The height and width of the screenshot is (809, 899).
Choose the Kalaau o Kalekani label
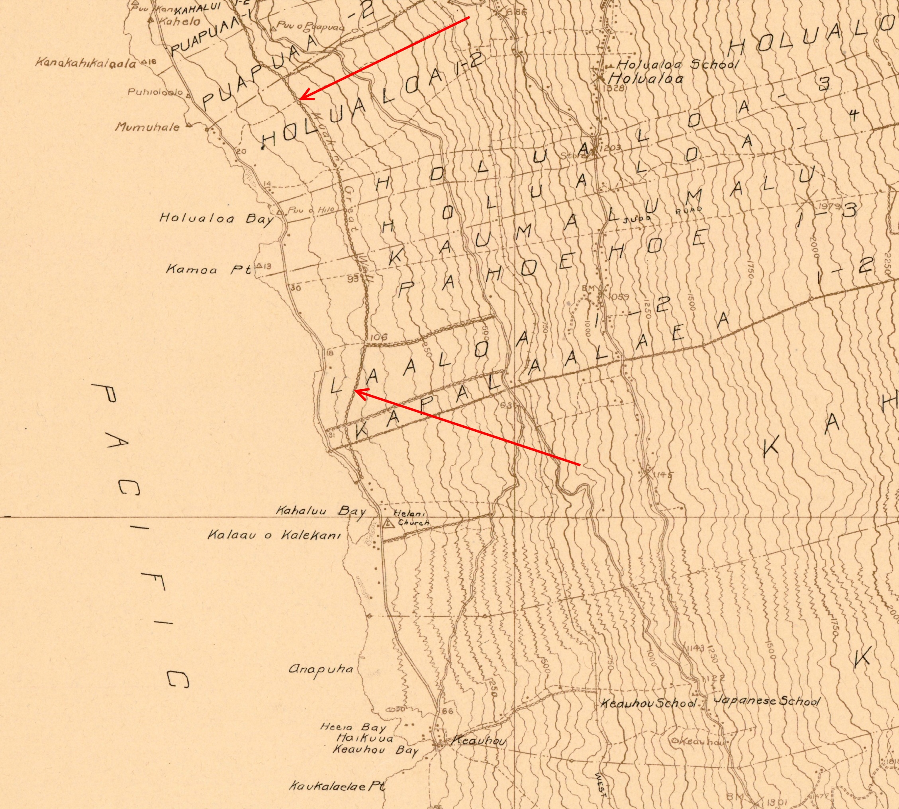(274, 535)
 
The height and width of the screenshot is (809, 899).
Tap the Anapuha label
(321, 669)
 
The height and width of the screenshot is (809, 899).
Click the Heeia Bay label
(353, 728)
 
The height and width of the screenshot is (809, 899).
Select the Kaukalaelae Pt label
(337, 786)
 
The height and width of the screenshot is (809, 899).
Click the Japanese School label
(766, 702)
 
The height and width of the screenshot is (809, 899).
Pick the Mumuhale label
(148, 127)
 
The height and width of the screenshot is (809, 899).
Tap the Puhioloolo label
(155, 92)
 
